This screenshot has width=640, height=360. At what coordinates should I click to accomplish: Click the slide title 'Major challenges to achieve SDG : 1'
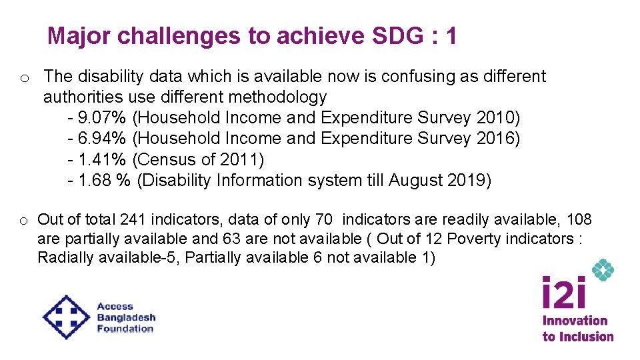point(252,36)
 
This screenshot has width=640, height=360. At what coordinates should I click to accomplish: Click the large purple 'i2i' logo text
point(564,293)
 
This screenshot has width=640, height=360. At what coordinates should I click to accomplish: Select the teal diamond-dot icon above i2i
point(603,270)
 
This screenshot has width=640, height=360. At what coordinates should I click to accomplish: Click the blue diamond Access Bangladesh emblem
point(66,317)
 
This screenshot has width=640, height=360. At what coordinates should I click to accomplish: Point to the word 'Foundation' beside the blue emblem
point(125,329)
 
